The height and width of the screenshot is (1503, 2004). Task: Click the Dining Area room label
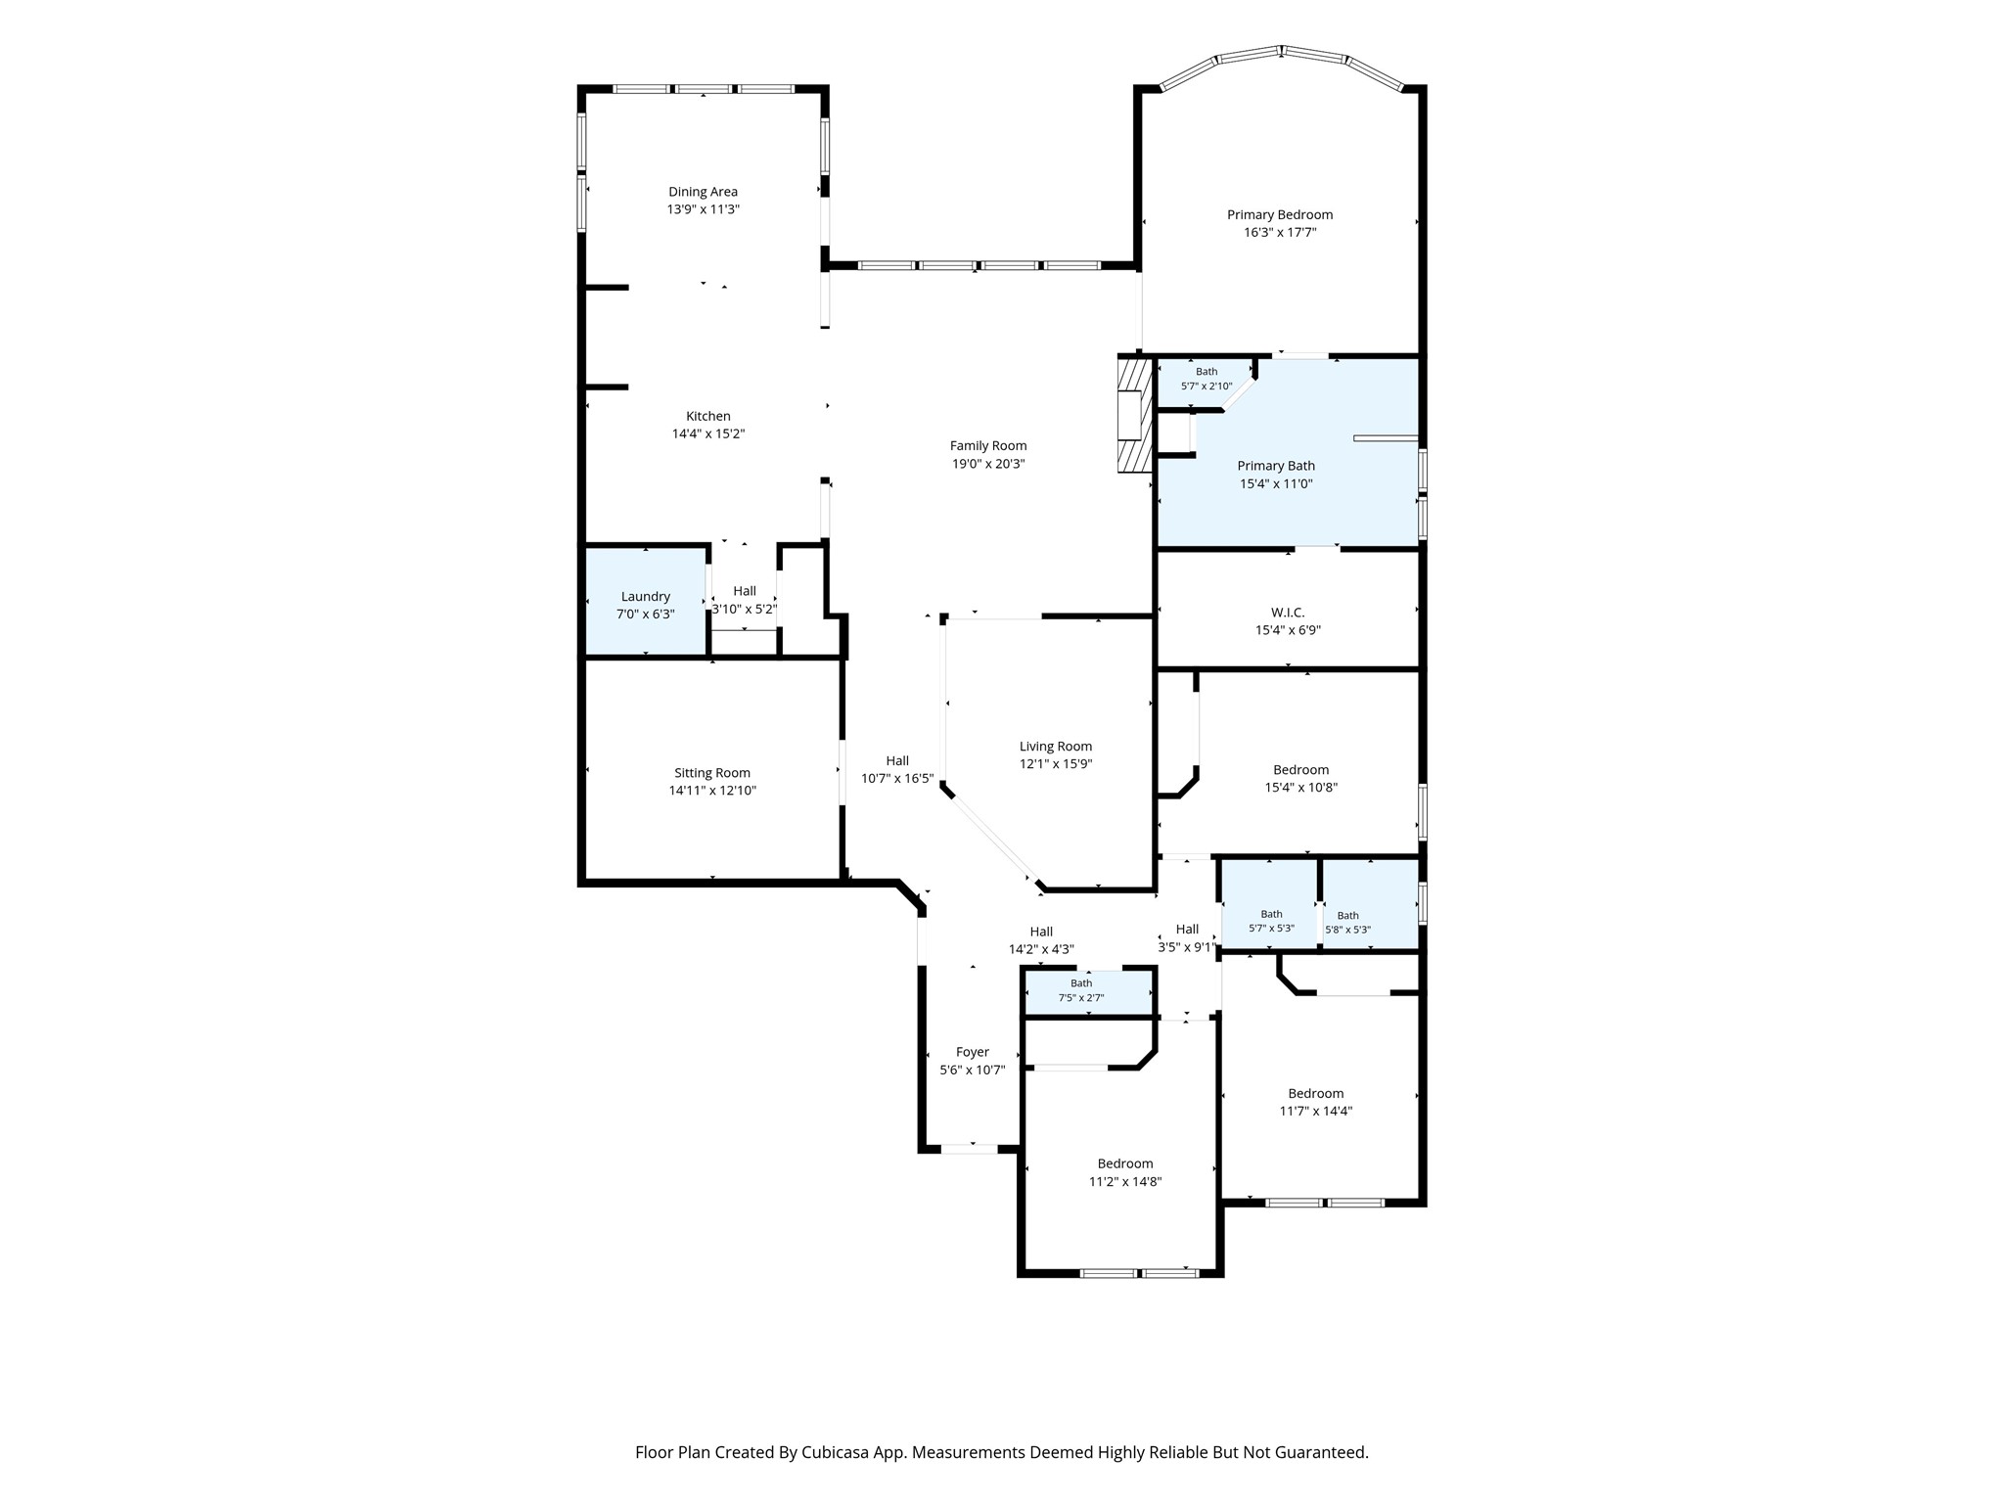[703, 192]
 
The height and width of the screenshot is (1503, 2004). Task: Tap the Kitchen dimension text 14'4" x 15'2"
[708, 433]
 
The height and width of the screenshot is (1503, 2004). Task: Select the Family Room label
[988, 446]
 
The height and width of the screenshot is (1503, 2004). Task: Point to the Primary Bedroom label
[1280, 215]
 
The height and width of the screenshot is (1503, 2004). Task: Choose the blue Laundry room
[646, 601]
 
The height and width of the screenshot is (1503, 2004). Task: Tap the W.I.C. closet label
[1288, 613]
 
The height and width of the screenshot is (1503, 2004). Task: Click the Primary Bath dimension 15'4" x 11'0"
[1276, 483]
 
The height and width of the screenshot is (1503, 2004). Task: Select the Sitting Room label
[712, 773]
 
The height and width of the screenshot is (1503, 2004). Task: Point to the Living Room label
[1056, 747]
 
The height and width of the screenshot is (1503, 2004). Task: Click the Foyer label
[973, 1053]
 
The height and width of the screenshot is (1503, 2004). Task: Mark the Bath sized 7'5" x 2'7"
[1088, 992]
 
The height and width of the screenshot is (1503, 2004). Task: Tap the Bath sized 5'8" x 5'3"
[1370, 904]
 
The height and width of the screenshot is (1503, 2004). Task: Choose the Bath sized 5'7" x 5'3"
[1269, 904]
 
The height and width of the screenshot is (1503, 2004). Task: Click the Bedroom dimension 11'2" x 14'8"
[1125, 1182]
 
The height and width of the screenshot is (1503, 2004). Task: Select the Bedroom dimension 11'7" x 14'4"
[1316, 1112]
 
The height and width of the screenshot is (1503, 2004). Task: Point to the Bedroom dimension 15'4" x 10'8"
[1300, 788]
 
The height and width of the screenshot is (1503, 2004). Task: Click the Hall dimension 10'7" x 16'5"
[897, 779]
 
